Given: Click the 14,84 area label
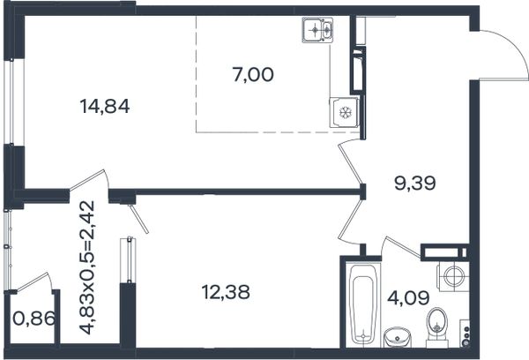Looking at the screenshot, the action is (105, 107).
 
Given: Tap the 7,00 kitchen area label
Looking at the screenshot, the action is (253, 75).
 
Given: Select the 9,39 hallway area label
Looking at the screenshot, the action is (415, 183).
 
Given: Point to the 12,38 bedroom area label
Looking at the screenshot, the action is (226, 292).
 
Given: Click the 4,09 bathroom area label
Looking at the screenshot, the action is (408, 298).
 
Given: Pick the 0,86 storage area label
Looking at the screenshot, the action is (34, 319).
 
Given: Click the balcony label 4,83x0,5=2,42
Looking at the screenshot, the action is (87, 268).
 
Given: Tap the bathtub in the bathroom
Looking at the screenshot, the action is (362, 305).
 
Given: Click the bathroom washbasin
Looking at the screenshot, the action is (398, 337).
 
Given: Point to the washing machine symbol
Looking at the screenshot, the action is (452, 277).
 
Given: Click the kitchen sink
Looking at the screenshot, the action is (318, 31).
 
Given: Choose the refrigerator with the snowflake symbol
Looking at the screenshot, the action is (345, 112).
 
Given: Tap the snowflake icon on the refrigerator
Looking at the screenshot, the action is (345, 113).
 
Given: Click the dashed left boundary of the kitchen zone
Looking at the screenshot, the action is (196, 73).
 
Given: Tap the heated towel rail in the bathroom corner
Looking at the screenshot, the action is (466, 332).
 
